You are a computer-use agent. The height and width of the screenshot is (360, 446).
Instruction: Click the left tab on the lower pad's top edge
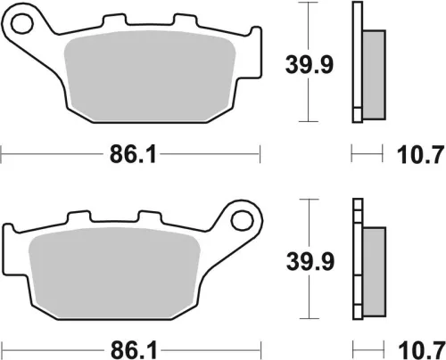(x=78, y=216)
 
